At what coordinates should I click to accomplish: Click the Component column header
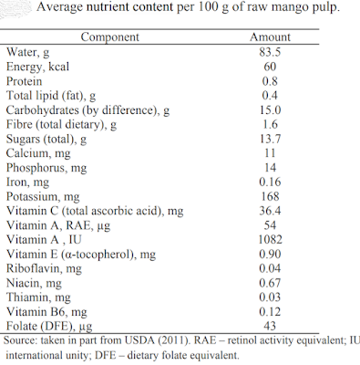[110, 37]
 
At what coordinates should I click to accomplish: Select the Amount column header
[270, 37]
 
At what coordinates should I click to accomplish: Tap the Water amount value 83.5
[270, 52]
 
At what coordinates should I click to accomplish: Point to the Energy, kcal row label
[37, 67]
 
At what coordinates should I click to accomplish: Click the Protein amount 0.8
[270, 81]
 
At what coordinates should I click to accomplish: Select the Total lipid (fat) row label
[51, 96]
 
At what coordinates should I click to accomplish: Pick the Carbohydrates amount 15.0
[270, 109]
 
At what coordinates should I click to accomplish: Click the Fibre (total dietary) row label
[61, 125]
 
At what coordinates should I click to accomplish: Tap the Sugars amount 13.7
[270, 139]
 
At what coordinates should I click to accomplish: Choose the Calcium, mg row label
[38, 153]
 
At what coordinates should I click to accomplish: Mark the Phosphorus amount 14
[270, 168]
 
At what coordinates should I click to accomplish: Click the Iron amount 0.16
[270, 182]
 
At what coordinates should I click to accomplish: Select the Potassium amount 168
[270, 196]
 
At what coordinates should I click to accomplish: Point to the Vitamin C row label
[95, 211]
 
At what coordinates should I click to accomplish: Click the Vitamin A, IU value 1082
[270, 240]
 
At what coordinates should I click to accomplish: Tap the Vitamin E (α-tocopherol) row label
[81, 255]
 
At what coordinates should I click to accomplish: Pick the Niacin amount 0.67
[270, 283]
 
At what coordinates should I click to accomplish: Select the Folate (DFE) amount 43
[270, 326]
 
